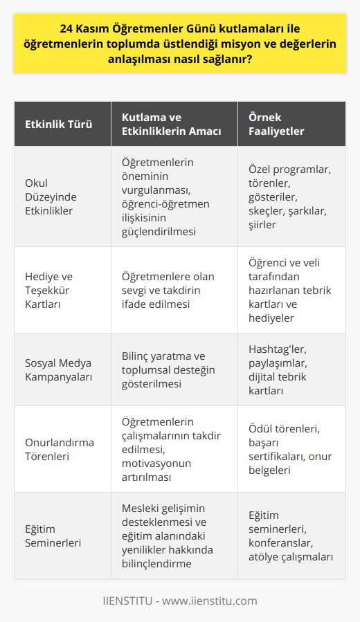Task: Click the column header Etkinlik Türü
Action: point(58,124)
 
